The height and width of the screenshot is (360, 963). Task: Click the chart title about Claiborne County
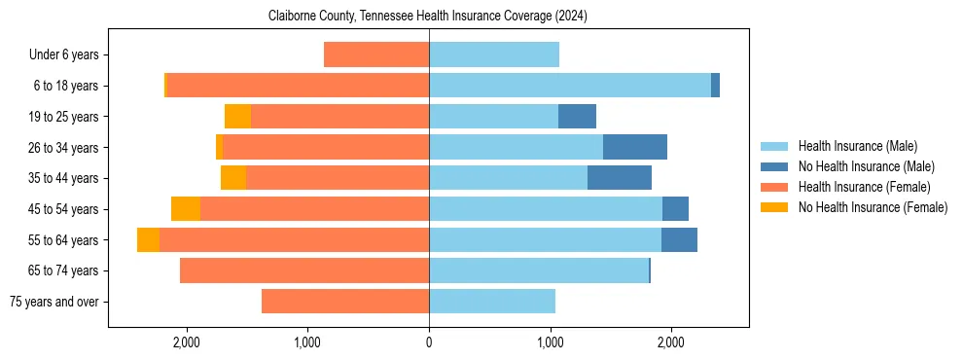click(428, 17)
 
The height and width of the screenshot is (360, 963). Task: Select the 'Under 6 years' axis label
click(63, 55)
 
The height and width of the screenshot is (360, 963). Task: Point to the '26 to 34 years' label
click(63, 148)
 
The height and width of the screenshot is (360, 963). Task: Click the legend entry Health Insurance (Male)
click(857, 146)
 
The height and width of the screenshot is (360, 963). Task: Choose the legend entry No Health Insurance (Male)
click(866, 166)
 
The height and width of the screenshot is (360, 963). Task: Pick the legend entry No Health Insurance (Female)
click(873, 207)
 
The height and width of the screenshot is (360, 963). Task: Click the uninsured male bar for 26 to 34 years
click(634, 147)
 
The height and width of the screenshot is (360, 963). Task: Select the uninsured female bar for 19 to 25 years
click(237, 117)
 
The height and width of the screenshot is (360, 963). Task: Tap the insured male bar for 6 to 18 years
click(569, 86)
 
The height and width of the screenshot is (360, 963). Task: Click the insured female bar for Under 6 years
click(376, 55)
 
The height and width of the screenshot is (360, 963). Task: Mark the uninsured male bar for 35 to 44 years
click(619, 178)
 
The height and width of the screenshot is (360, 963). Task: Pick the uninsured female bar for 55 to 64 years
click(148, 239)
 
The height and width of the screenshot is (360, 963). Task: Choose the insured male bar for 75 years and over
click(491, 302)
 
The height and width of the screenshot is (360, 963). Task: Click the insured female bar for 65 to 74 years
click(304, 270)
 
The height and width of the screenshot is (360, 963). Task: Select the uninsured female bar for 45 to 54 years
click(186, 209)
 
